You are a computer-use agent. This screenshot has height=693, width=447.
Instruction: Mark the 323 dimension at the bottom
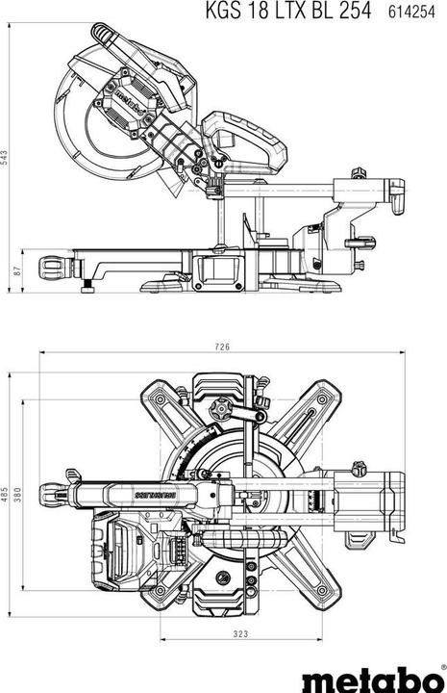click(x=241, y=634)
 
